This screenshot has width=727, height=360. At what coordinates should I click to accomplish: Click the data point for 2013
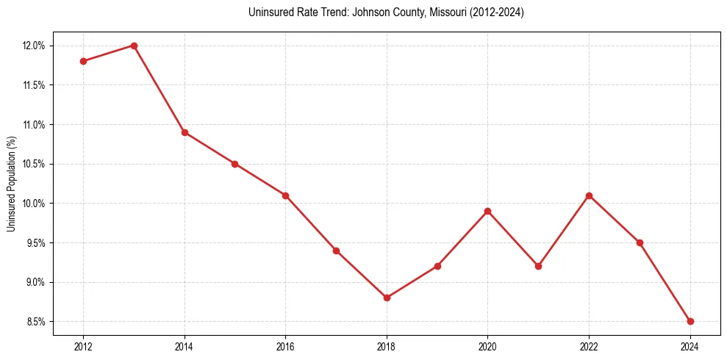pyautogui.click(x=134, y=46)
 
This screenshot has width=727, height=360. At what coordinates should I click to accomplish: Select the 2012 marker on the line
pyautogui.click(x=83, y=61)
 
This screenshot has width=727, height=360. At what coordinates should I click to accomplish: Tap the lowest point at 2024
pyautogui.click(x=690, y=321)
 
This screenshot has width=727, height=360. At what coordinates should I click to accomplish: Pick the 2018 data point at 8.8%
pyautogui.click(x=387, y=298)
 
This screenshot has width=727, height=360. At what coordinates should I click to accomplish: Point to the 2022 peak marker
pyautogui.click(x=589, y=195)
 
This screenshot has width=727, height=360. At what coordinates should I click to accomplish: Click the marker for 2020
pyautogui.click(x=488, y=212)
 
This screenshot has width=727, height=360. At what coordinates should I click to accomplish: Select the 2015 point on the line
pyautogui.click(x=235, y=164)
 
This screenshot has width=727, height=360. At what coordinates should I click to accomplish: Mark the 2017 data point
pyautogui.click(x=336, y=251)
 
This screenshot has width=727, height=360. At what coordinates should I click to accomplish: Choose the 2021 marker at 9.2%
pyautogui.click(x=538, y=266)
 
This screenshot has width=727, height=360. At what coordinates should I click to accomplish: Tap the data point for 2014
pyautogui.click(x=185, y=132)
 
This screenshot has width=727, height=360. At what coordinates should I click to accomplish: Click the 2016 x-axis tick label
pyautogui.click(x=285, y=346)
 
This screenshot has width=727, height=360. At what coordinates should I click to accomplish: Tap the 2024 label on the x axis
pyautogui.click(x=690, y=346)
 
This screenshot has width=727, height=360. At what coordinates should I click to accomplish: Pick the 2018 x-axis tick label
pyautogui.click(x=387, y=346)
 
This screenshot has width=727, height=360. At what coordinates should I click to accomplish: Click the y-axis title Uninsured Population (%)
pyautogui.click(x=12, y=184)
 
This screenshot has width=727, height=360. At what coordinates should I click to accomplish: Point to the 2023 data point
pyautogui.click(x=640, y=242)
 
